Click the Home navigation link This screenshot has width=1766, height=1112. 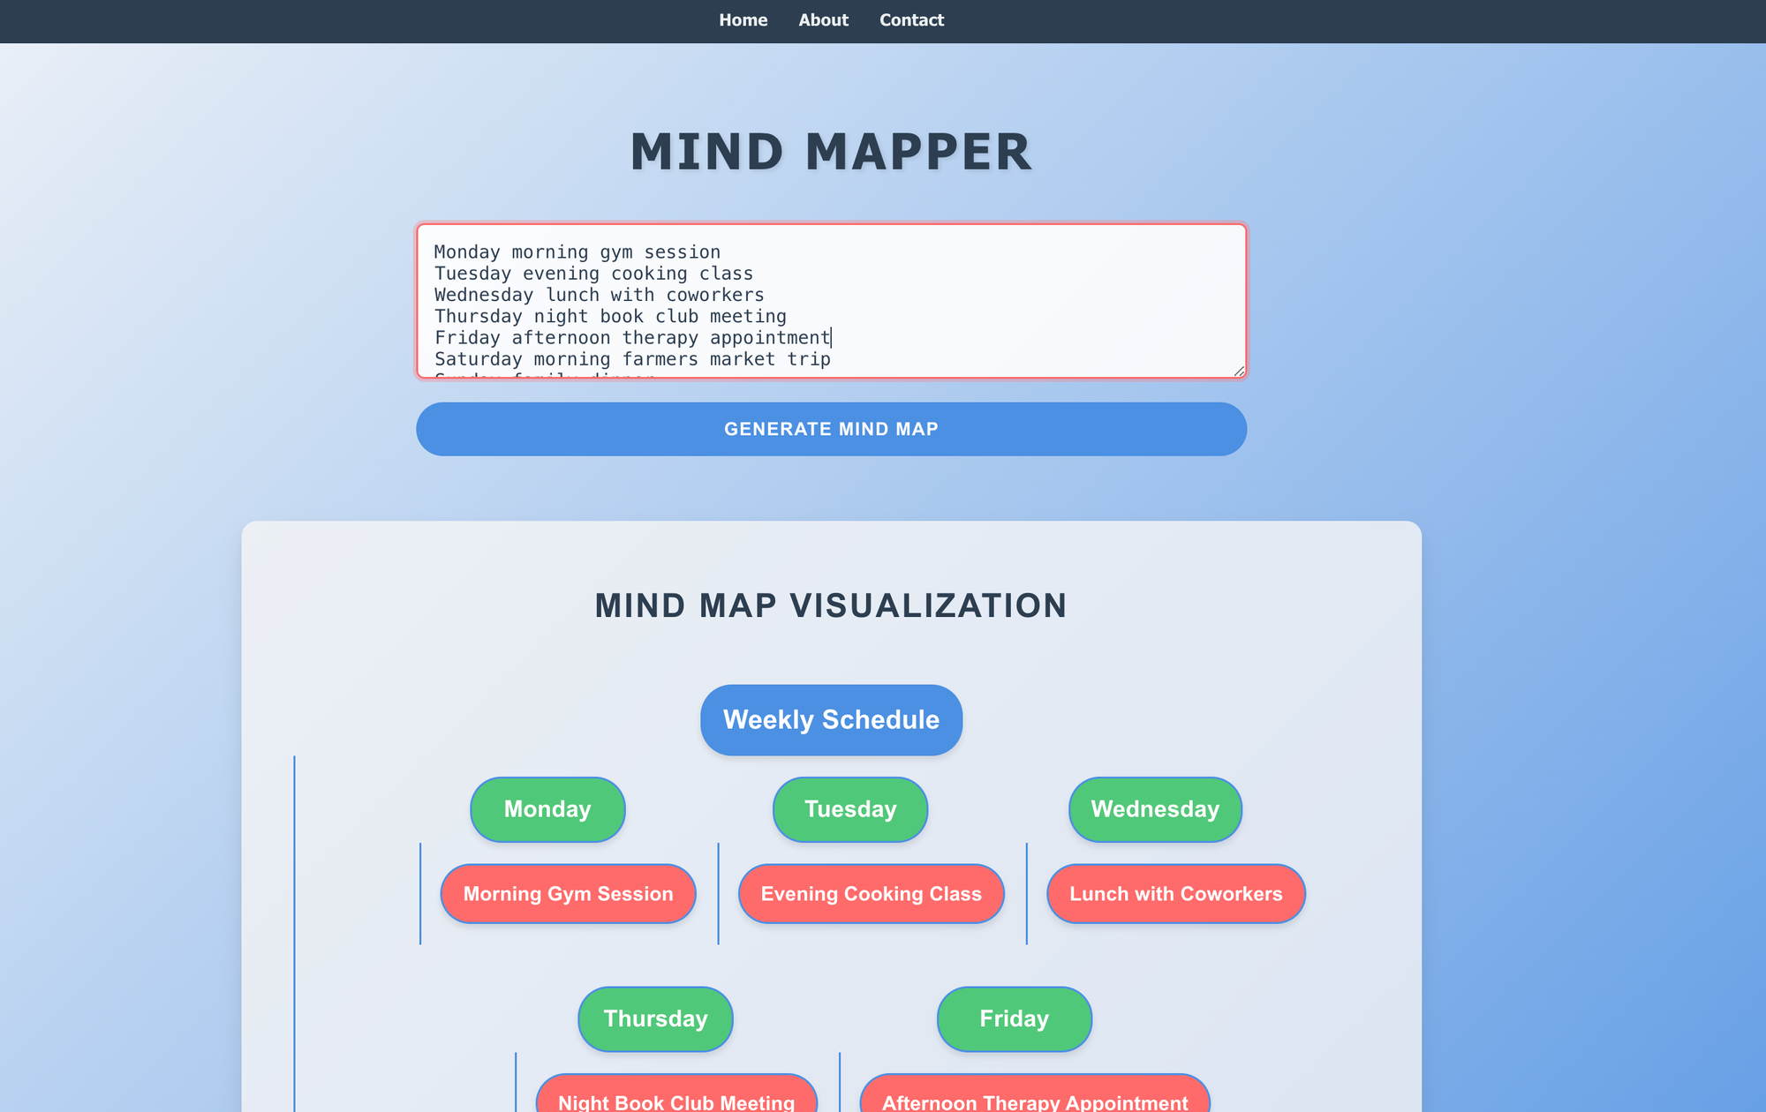743,20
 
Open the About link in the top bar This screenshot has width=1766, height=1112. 823,20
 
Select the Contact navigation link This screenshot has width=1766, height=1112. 911,20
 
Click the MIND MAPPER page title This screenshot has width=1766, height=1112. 831,152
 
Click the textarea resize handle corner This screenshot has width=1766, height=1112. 1239,372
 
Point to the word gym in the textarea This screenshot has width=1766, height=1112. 616,252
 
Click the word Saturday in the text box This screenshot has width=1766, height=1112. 478,359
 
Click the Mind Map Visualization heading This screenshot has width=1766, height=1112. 831,605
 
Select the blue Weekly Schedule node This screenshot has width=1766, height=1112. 831,720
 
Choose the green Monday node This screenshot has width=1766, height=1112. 547,809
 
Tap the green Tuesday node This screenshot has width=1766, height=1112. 850,809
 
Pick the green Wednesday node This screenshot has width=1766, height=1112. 1155,809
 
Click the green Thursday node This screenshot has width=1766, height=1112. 655,1018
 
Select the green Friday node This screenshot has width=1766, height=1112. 1014,1018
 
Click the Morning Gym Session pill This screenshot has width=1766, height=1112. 568,894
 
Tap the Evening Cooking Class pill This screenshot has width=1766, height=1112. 871,894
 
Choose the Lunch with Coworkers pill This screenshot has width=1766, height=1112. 1175,894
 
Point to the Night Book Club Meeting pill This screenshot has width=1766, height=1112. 676,1100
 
